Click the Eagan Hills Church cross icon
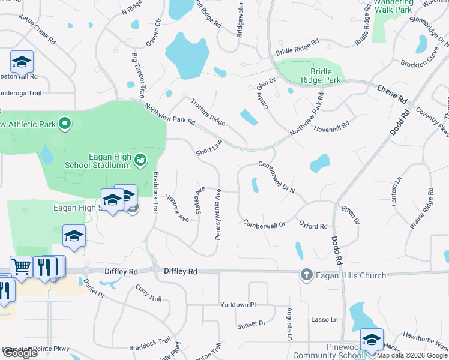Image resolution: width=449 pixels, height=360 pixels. pyautogui.click(x=306, y=275)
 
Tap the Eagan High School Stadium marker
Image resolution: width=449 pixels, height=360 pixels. pyautogui.click(x=140, y=160)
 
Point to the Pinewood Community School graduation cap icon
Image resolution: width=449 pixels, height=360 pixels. pyautogui.click(x=372, y=340)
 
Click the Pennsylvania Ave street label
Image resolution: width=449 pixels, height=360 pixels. pyautogui.click(x=218, y=214)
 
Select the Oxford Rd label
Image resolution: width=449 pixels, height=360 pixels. pyautogui.click(x=313, y=226)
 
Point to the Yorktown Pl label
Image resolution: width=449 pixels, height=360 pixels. pyautogui.click(x=238, y=305)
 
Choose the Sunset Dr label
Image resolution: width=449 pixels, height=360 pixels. pyautogui.click(x=251, y=324)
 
